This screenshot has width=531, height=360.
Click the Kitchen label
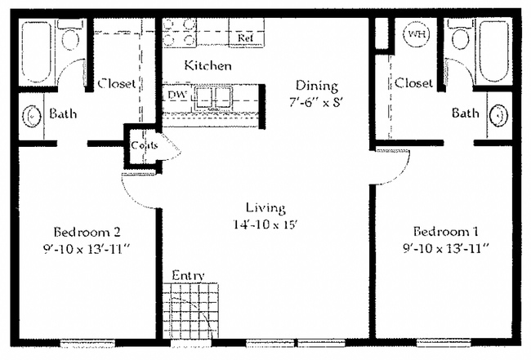coord(207,65)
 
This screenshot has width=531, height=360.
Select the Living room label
coord(263,207)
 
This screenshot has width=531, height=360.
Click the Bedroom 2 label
coord(84,229)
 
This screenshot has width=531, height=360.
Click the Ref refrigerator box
coord(245,38)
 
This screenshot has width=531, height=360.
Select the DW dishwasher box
coord(177,96)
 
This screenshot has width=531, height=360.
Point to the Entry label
coord(188,276)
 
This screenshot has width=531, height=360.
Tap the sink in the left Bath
coord(32,115)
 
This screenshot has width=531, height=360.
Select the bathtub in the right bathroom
coord(497,51)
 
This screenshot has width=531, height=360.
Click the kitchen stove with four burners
coord(180,33)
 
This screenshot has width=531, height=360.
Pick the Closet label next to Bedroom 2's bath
coord(117,83)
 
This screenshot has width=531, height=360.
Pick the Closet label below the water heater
coord(413,83)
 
